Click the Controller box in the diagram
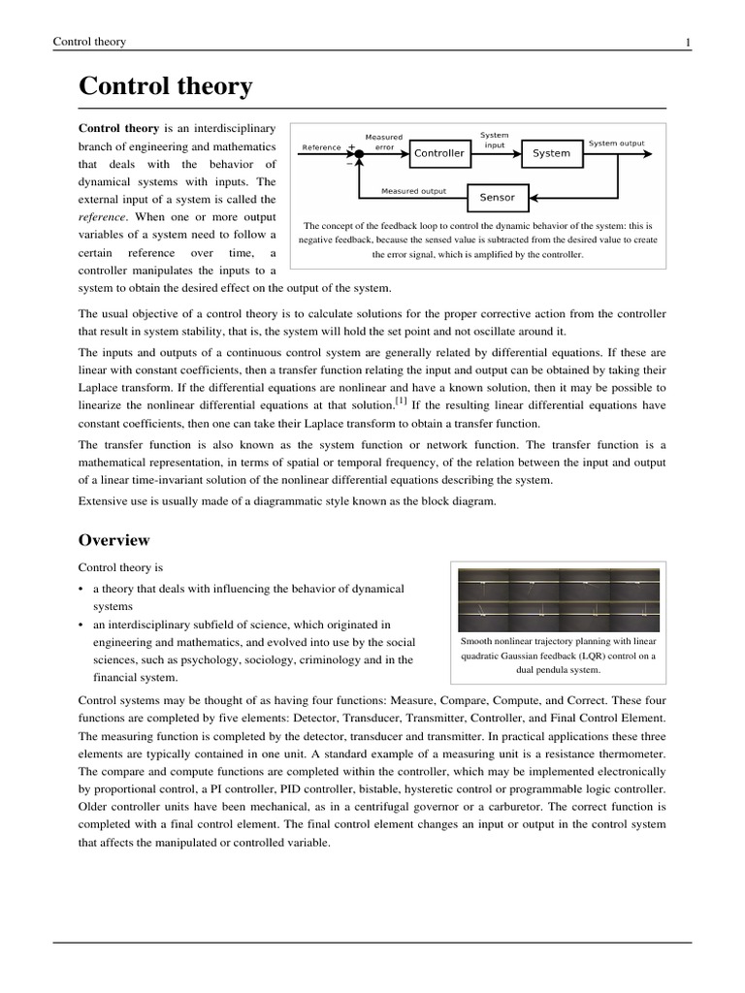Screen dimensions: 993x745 tap(439, 153)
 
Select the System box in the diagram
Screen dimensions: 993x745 tap(551, 153)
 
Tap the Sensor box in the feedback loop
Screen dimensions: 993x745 tap(498, 197)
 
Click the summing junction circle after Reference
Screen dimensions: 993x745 tap(355, 152)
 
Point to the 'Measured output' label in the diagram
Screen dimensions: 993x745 tap(413, 191)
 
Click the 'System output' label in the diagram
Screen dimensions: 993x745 tap(616, 144)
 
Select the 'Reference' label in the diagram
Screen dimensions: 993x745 tap(321, 147)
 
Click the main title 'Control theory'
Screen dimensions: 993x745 tap(165, 86)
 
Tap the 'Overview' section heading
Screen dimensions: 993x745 tap(113, 540)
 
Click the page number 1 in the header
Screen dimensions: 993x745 tap(687, 42)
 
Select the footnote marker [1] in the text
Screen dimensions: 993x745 tap(401, 400)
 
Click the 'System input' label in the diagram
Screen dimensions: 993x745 tap(494, 140)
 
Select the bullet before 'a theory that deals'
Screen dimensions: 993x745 tap(81, 590)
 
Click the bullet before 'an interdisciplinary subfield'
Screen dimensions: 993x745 tap(81, 625)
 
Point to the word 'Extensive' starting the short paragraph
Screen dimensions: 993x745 tap(103, 500)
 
